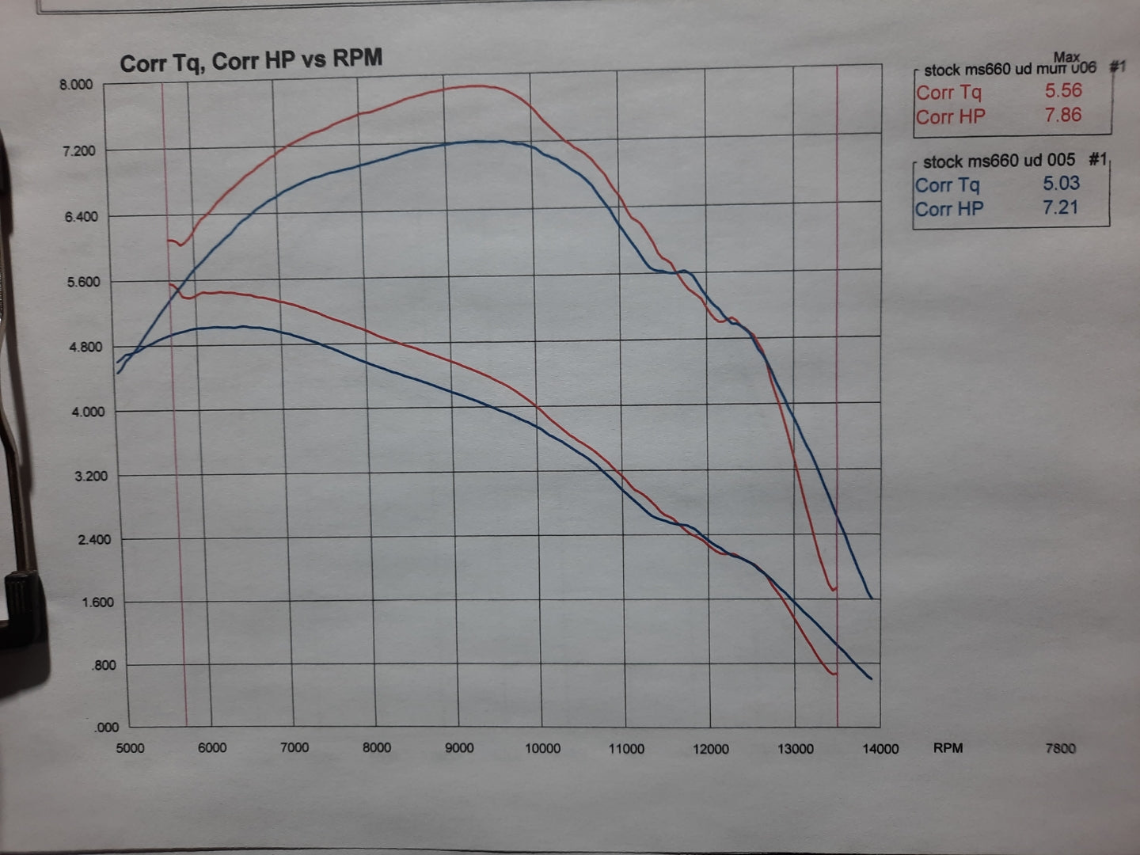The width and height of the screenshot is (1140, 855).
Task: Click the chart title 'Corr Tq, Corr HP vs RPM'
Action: click(x=251, y=61)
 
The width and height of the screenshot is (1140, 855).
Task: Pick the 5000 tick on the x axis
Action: click(x=130, y=748)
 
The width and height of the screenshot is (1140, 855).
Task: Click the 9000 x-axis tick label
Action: click(x=459, y=748)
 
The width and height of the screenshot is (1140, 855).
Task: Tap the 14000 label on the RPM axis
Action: click(x=880, y=749)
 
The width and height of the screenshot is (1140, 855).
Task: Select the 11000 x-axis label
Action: click(x=625, y=749)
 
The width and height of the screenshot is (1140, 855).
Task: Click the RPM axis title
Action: click(x=948, y=747)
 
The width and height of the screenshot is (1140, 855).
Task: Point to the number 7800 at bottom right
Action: click(x=1060, y=748)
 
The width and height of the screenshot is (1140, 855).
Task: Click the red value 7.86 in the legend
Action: click(x=1062, y=115)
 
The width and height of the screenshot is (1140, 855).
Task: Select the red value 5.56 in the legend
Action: click(x=1063, y=90)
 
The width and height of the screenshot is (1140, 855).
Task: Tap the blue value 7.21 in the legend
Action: click(x=1061, y=207)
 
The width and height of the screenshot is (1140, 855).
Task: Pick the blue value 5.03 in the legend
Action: click(x=1061, y=183)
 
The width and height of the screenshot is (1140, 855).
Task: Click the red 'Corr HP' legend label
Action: click(x=951, y=116)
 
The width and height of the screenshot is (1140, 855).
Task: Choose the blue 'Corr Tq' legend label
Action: click(x=948, y=185)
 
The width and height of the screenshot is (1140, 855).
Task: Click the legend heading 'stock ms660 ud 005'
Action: click(x=999, y=161)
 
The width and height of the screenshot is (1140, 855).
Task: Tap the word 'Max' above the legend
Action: click(x=1066, y=57)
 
